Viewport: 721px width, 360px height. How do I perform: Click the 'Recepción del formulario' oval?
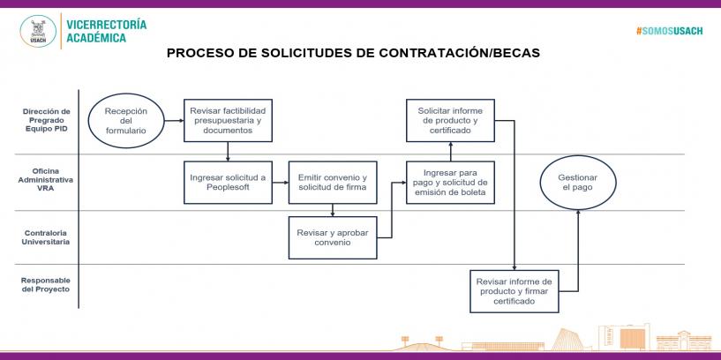click(x=126, y=121)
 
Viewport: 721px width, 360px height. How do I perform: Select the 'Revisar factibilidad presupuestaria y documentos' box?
click(x=228, y=121)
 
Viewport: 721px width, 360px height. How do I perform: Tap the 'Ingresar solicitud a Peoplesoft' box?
click(x=228, y=183)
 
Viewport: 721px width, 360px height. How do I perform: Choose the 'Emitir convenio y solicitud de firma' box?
click(x=333, y=183)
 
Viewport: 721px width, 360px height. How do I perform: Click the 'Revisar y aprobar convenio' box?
click(x=333, y=237)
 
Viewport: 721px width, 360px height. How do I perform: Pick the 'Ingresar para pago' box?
click(x=451, y=183)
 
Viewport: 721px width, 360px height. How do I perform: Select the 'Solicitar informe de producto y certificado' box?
click(x=451, y=121)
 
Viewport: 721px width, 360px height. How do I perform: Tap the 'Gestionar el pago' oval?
click(x=578, y=183)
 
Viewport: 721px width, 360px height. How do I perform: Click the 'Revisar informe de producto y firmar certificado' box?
click(x=514, y=291)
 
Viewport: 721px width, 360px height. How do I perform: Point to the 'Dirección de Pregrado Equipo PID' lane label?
click(x=47, y=120)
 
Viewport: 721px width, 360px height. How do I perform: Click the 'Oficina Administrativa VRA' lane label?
click(x=46, y=179)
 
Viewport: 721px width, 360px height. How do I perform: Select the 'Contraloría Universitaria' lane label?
click(x=46, y=237)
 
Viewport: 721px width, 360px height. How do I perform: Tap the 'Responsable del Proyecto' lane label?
click(x=46, y=285)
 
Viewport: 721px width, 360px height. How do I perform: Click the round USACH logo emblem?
click(x=38, y=31)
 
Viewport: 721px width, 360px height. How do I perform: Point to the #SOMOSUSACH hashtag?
click(x=670, y=31)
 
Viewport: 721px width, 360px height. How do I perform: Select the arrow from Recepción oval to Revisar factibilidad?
click(x=174, y=121)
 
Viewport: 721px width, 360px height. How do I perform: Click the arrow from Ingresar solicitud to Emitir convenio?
click(x=281, y=183)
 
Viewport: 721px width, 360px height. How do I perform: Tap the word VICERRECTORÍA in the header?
click(x=107, y=25)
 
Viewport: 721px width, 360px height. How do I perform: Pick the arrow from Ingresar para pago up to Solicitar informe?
click(x=451, y=151)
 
